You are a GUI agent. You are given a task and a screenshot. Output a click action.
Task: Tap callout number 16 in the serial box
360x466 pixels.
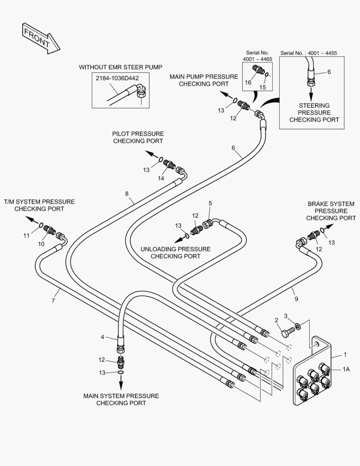pyautogui.click(x=249, y=82)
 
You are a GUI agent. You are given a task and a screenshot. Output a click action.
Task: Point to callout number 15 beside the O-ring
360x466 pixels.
pyautogui.click(x=263, y=87)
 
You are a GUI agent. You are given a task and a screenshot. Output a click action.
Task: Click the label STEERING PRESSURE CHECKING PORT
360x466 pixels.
pyautogui.click(x=314, y=112)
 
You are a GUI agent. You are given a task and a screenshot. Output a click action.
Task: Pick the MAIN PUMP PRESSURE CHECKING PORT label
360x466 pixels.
pyautogui.click(x=203, y=80)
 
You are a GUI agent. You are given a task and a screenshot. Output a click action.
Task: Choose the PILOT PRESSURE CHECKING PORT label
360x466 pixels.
pyautogui.click(x=138, y=137)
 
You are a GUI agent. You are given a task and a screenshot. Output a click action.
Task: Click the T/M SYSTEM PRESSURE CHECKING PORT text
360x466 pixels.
pyautogui.click(x=39, y=205)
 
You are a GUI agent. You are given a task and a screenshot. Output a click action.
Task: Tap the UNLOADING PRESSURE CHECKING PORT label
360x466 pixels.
pyautogui.click(x=175, y=252)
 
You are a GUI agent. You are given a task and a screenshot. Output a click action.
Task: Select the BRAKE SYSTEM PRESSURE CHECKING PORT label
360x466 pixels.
pyautogui.click(x=331, y=211)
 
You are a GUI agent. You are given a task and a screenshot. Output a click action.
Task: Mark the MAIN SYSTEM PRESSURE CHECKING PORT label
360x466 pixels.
pyautogui.click(x=121, y=399)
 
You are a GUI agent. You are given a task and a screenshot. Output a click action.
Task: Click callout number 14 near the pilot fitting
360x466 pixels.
pyautogui.click(x=161, y=178)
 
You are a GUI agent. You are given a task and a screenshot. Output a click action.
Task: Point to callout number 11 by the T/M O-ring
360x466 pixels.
pyautogui.click(x=27, y=236)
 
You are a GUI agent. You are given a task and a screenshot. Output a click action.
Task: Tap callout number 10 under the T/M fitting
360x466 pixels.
pyautogui.click(x=41, y=244)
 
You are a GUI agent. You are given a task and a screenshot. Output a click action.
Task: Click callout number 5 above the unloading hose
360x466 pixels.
pyautogui.click(x=210, y=203)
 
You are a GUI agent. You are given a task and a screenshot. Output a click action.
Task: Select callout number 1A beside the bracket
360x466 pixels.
pyautogui.click(x=346, y=369)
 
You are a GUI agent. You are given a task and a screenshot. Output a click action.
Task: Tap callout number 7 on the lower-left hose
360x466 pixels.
pyautogui.click(x=53, y=301)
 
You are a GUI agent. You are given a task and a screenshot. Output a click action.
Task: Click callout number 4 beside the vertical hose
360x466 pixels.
pyautogui.click(x=102, y=337)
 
